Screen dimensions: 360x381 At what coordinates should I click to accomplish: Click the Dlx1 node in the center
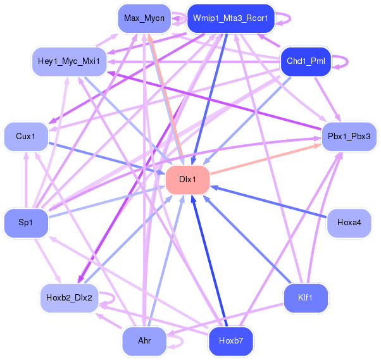[187, 180]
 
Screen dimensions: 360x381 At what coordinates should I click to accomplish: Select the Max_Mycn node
[144, 18]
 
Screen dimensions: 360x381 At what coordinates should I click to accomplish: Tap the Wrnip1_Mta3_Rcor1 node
[230, 18]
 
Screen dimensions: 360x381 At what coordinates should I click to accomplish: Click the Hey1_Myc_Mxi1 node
[70, 62]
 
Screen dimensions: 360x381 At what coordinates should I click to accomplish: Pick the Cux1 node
[26, 136]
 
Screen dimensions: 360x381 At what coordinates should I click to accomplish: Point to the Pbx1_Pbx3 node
[349, 136]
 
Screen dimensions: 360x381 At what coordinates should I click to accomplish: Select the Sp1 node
[26, 223]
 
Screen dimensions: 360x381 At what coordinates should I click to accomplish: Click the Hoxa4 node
[349, 223]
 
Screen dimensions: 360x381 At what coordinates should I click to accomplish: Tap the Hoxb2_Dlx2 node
[70, 297]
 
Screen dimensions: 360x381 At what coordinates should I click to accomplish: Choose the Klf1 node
[306, 297]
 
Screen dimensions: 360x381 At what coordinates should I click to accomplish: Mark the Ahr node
[144, 341]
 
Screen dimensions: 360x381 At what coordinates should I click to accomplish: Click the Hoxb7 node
[230, 341]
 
